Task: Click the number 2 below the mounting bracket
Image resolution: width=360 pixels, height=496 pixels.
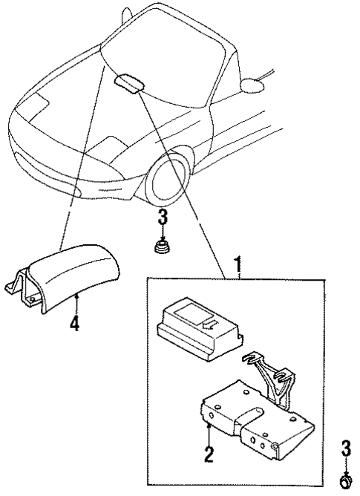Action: click(x=209, y=453)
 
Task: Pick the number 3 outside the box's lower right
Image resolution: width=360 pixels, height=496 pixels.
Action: click(x=345, y=448)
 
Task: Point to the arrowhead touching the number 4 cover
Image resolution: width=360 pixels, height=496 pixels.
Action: click(x=77, y=298)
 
